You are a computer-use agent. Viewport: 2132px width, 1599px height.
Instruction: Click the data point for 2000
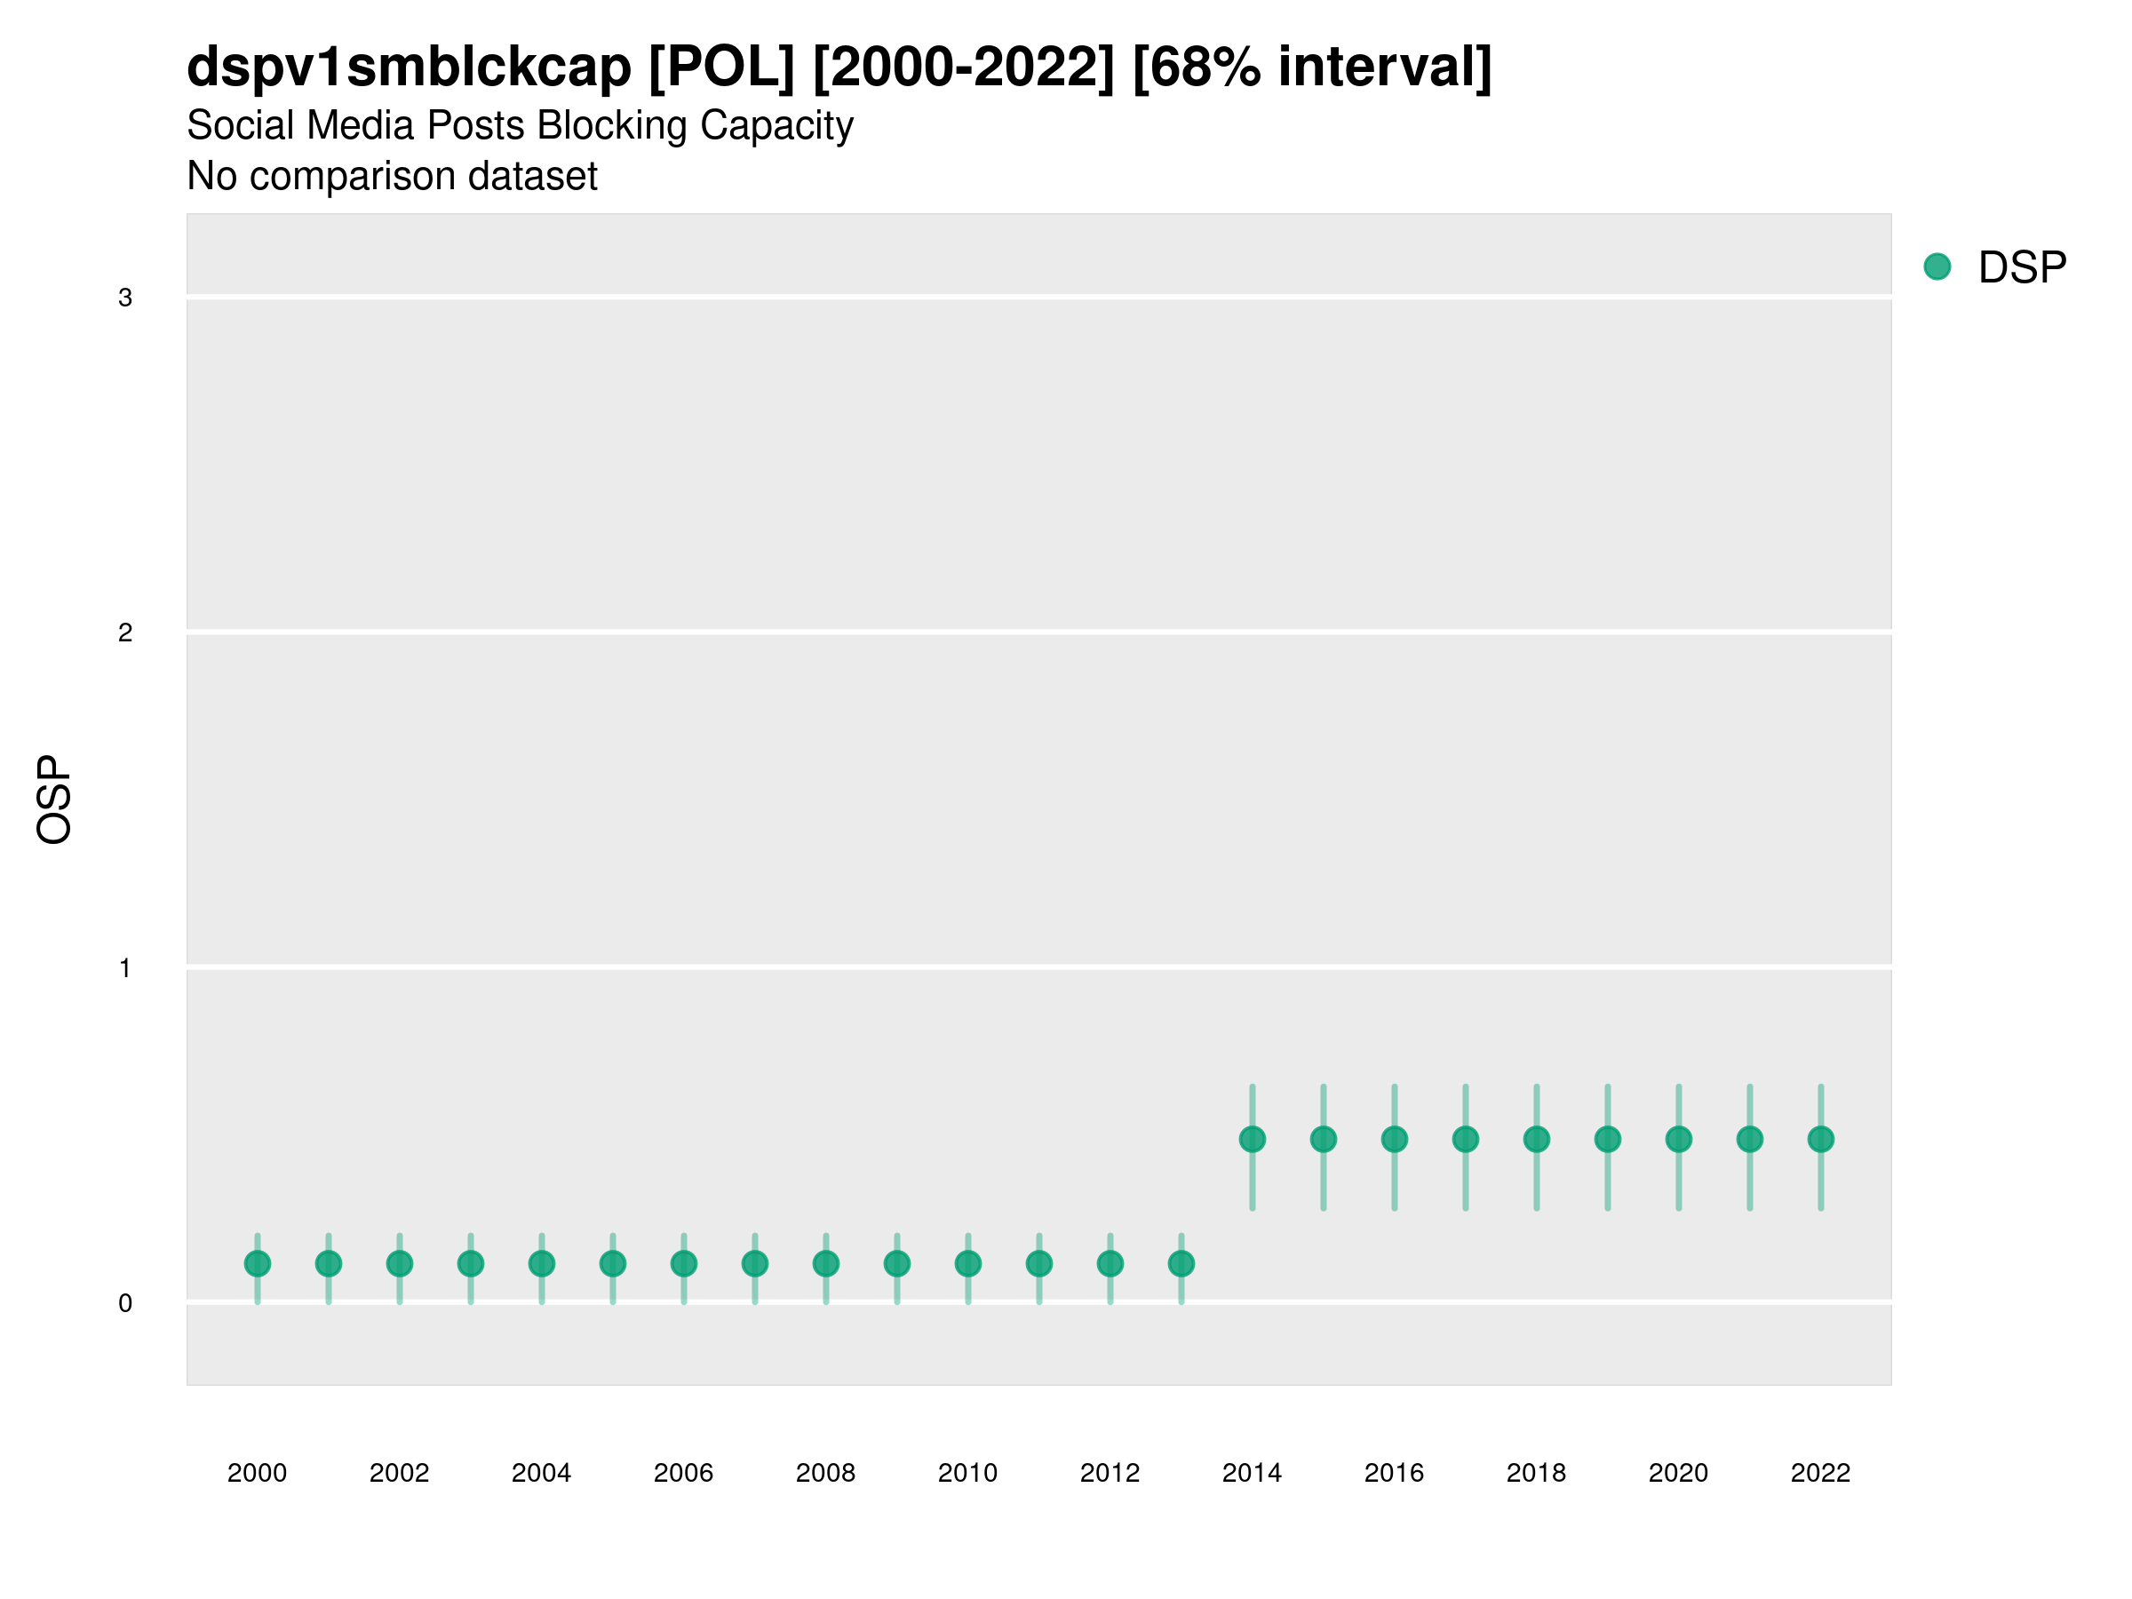tap(258, 1263)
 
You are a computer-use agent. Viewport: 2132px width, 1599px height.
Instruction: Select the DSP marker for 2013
tap(1181, 1263)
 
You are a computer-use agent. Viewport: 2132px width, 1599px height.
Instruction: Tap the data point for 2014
tap(1252, 1139)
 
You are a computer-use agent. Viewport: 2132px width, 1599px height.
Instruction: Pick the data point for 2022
tap(1821, 1139)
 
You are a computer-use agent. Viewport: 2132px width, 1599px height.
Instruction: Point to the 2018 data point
tap(1536, 1139)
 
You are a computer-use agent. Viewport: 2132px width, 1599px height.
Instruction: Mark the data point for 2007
tap(755, 1263)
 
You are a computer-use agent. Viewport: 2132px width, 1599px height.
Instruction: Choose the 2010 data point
tap(967, 1263)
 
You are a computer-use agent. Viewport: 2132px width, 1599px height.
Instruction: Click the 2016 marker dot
tap(1395, 1139)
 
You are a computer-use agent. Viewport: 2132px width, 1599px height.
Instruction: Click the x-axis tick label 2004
tap(541, 1473)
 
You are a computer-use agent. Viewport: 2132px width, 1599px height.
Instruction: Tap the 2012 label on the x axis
tap(1110, 1473)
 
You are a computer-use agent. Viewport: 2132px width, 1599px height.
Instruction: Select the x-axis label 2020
tap(1678, 1473)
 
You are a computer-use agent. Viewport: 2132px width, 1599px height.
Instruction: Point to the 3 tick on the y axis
tap(125, 298)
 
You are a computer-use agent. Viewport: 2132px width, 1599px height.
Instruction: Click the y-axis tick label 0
tap(125, 1303)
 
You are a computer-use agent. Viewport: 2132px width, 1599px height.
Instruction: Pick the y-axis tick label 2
tap(125, 633)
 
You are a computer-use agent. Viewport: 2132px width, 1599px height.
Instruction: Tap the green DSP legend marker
tap(1937, 267)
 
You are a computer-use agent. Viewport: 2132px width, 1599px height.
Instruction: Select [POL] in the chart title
tap(721, 68)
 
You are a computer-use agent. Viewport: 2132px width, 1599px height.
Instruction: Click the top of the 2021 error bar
tap(1749, 1087)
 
